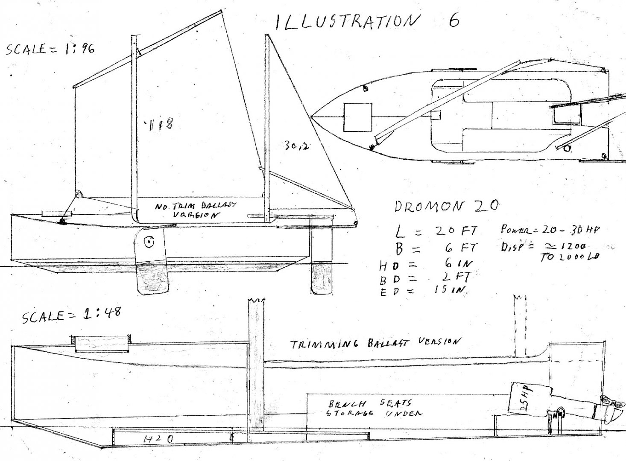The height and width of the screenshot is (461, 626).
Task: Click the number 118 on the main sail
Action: [x=160, y=124]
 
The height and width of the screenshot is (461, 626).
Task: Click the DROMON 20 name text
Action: [x=446, y=206]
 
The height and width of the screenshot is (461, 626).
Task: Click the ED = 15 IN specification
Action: [x=423, y=290]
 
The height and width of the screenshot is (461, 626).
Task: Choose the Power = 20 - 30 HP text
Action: [x=550, y=230]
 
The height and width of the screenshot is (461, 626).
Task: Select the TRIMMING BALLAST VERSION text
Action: [x=376, y=343]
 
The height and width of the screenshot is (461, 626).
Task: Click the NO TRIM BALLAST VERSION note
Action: [x=195, y=210]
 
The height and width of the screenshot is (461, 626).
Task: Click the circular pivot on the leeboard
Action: [x=149, y=242]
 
